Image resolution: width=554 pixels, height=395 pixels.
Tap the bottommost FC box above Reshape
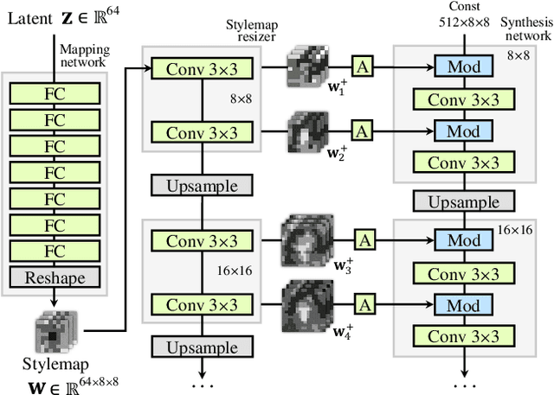point(55,251)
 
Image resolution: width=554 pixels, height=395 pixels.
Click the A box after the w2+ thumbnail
point(362,131)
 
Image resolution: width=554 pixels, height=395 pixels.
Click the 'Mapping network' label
point(84,55)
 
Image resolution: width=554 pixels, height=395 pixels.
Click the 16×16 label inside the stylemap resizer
point(235,271)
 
